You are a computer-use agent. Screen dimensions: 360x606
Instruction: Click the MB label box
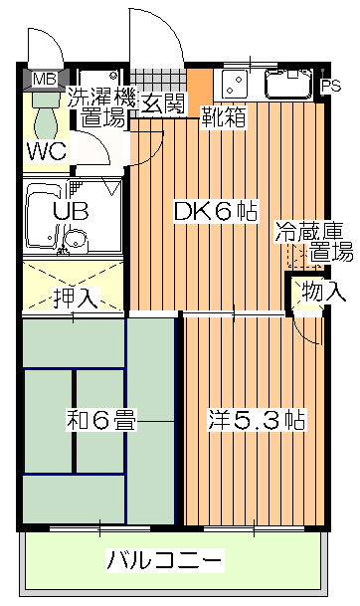[x=45, y=80]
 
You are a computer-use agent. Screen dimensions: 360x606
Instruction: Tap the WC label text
[x=47, y=151]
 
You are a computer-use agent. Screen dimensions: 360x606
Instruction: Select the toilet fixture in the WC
[x=46, y=115]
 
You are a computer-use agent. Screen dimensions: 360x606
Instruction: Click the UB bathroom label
[x=71, y=211]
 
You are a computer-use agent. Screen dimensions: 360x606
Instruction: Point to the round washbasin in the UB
[x=75, y=240]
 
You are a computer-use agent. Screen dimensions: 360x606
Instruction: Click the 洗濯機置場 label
[x=102, y=107]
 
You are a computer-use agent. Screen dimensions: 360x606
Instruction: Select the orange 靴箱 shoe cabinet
[x=200, y=92]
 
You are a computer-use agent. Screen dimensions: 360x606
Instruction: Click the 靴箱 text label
[x=224, y=116]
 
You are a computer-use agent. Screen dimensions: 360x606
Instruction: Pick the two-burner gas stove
[x=234, y=84]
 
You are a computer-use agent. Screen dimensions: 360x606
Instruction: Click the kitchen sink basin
[x=288, y=84]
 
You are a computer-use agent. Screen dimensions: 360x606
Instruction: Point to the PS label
[x=331, y=86]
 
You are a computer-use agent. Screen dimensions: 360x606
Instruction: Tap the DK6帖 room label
[x=216, y=211]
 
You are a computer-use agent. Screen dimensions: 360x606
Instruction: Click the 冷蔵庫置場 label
[x=314, y=242]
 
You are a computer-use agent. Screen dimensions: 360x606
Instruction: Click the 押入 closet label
[x=76, y=299]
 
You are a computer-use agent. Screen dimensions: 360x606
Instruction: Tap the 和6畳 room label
[x=101, y=420]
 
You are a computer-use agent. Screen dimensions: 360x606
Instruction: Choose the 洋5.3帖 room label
[x=257, y=420]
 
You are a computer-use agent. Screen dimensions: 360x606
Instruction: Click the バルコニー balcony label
[x=165, y=560]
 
